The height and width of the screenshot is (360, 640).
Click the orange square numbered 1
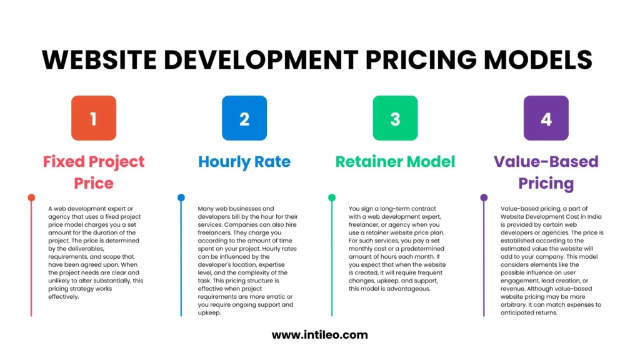(94, 118)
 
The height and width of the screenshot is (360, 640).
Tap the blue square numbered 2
(244, 118)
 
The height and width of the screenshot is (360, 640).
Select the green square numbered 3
(395, 118)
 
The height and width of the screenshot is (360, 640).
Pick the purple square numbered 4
(546, 118)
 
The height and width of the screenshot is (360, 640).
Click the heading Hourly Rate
(244, 162)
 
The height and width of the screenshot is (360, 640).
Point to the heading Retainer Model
(395, 162)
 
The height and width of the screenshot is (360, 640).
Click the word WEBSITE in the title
(99, 59)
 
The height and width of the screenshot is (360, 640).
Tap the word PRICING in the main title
(421, 59)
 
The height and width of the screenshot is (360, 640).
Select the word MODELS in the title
(538, 59)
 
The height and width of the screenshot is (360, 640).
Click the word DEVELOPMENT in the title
(261, 59)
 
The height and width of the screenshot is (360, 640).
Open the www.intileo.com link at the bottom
(319, 335)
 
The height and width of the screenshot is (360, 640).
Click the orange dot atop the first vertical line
(31, 197)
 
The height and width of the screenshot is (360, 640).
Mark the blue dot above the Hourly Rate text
(181, 197)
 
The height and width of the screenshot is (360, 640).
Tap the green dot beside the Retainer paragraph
(332, 197)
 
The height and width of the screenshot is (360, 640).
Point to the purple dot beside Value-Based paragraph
(484, 197)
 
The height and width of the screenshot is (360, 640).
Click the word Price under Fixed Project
(94, 183)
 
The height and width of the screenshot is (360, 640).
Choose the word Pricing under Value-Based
(546, 184)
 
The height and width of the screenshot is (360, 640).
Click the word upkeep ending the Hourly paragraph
(209, 313)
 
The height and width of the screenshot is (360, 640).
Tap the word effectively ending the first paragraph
(64, 297)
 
